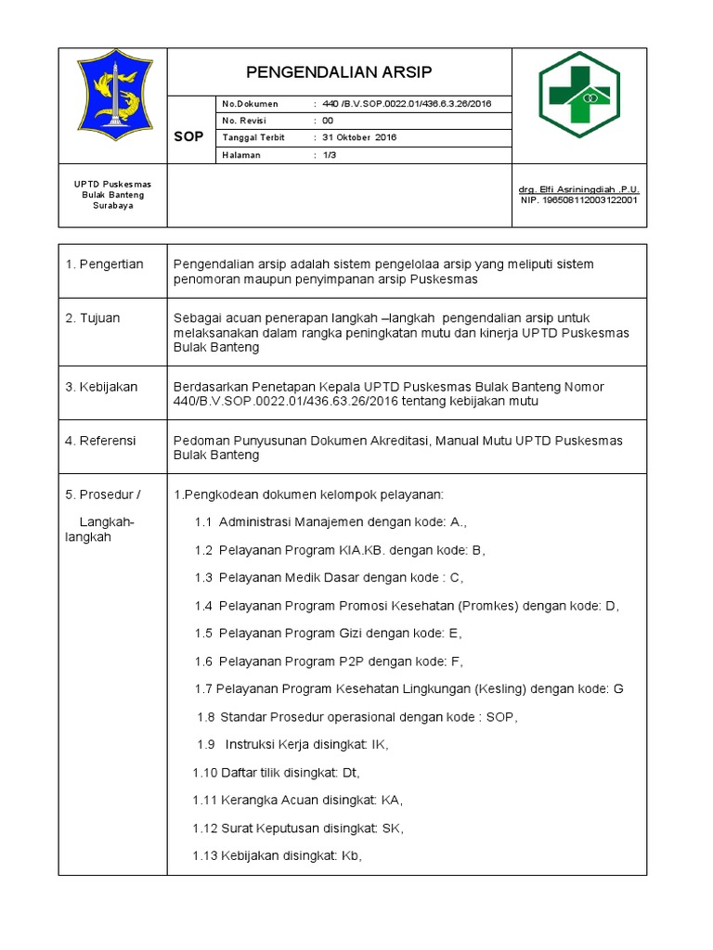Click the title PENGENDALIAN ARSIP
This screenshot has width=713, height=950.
click(x=339, y=72)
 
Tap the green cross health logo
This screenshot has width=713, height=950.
click(x=580, y=95)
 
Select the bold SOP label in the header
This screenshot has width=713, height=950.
click(x=188, y=137)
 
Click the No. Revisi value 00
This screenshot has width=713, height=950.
click(x=327, y=121)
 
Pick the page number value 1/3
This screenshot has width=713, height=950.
click(x=329, y=155)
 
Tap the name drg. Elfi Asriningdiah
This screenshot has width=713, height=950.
click(x=578, y=189)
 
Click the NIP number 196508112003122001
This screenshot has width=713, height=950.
click(x=580, y=199)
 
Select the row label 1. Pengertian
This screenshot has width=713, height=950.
click(x=104, y=264)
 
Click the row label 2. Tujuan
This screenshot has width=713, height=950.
click(x=93, y=318)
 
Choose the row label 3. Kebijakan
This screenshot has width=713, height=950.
click(x=101, y=387)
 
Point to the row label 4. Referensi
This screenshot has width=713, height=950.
click(x=100, y=441)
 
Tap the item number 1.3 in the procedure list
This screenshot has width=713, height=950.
click(x=204, y=578)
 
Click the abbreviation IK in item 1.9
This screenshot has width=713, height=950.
click(x=379, y=745)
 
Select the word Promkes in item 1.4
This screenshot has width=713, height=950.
click(x=485, y=606)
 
